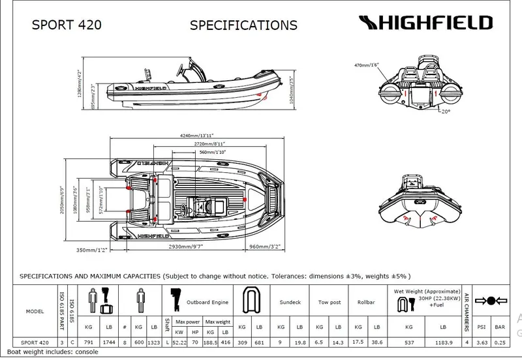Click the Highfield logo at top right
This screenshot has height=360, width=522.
tap(424, 23)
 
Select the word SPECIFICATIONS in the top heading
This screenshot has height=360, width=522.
tap(243, 25)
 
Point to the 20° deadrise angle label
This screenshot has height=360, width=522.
tap(445, 112)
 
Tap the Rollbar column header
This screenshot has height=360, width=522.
tap(366, 303)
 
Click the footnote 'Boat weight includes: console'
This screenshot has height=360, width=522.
tap(52, 353)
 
